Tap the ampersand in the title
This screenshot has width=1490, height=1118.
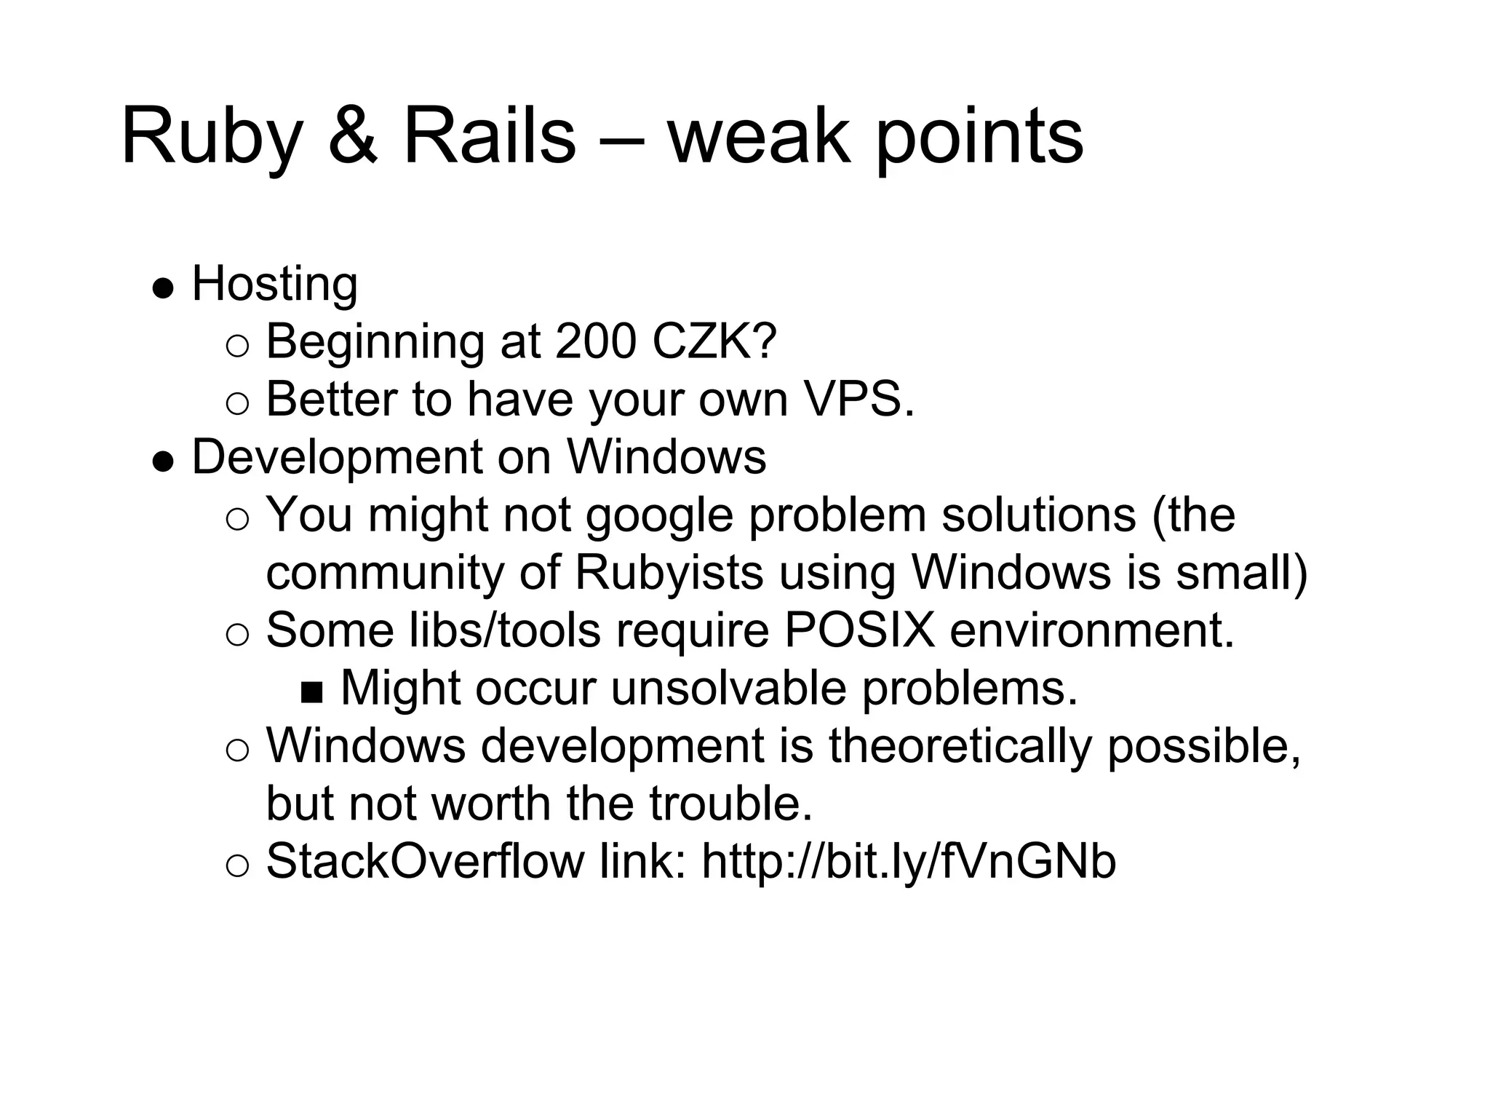353,136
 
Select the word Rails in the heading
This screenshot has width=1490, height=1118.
489,136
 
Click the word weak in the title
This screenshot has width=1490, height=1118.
757,136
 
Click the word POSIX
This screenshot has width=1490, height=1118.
858,630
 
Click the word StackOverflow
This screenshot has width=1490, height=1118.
425,862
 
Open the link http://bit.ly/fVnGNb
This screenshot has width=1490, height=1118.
908,862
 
